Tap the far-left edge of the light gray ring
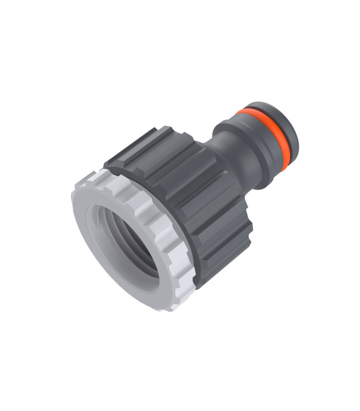pos(73,200)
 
